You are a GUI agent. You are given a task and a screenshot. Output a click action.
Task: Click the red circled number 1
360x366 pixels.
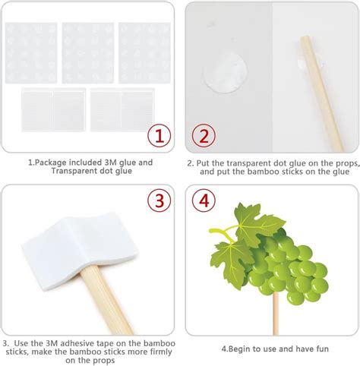[159, 136]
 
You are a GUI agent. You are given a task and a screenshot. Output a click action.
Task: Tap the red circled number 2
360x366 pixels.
[204, 136]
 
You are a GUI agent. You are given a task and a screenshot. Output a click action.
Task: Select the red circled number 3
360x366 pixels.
[159, 200]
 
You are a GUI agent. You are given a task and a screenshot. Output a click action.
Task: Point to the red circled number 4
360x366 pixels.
[204, 200]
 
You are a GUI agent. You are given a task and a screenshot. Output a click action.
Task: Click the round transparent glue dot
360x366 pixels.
[225, 72]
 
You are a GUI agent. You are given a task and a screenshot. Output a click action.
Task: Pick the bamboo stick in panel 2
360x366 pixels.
[321, 93]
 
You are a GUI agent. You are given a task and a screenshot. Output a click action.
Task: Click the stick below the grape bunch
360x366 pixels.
[276, 314]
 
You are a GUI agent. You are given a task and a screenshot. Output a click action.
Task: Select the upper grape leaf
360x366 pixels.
[256, 222]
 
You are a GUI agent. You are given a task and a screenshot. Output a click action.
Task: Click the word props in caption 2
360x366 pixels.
[346, 163]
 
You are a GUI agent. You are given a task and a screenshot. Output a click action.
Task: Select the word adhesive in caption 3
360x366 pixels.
[77, 343]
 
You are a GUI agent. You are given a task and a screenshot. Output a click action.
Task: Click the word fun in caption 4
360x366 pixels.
[322, 349]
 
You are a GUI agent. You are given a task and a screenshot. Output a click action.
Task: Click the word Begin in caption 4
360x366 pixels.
[239, 349]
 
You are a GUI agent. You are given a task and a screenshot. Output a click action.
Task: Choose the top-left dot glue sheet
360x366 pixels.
[31, 53]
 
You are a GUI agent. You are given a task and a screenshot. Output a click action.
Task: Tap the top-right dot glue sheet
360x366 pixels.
[144, 53]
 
